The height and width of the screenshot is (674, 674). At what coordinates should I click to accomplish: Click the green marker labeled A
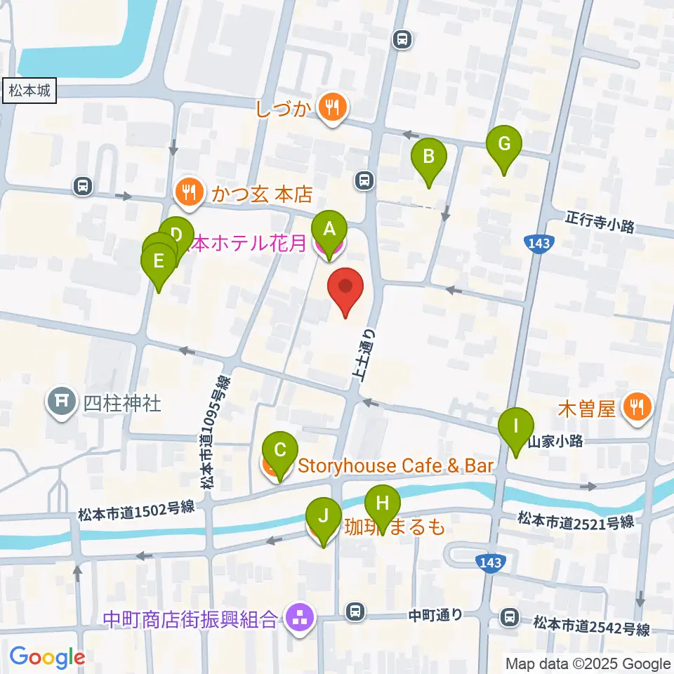[328, 228]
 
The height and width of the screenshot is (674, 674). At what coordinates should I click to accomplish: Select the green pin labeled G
[504, 144]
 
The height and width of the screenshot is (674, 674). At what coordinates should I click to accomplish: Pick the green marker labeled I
[516, 426]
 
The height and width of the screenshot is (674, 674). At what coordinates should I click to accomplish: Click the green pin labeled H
[383, 503]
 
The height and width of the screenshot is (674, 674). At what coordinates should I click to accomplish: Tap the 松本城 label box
[30, 91]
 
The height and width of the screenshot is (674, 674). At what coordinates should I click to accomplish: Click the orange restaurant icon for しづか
[329, 107]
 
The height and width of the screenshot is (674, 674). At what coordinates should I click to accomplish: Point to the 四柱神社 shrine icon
[61, 402]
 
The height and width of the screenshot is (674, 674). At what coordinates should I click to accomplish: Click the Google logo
[46, 657]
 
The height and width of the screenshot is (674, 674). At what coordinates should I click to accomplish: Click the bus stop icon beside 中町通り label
[357, 612]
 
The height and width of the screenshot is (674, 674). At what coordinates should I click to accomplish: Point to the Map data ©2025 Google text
[588, 663]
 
